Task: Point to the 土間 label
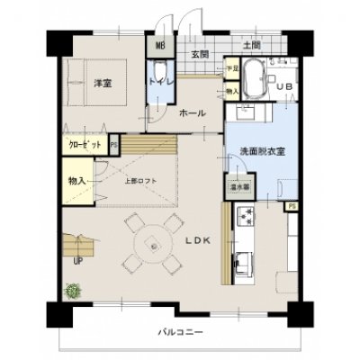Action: click(x=251, y=44)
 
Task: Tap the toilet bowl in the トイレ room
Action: click(x=160, y=74)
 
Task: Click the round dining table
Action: click(x=154, y=245)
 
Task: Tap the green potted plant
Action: click(x=71, y=290)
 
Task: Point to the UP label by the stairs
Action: click(x=76, y=262)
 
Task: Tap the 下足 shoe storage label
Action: click(x=231, y=69)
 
